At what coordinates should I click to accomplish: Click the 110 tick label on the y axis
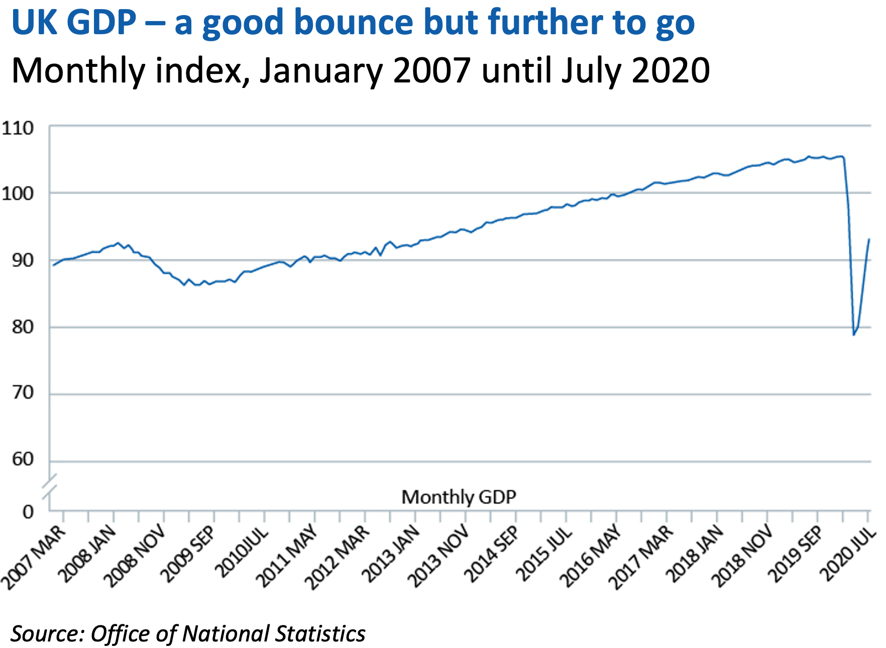point(18,128)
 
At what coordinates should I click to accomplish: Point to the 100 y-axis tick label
point(18,194)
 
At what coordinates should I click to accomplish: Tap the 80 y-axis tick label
point(23,327)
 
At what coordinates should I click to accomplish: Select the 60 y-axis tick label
point(23,459)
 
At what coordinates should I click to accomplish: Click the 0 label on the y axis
point(28,512)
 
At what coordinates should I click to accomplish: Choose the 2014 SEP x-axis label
point(490,554)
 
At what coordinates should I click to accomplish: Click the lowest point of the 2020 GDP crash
point(853,335)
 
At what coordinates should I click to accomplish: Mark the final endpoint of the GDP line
point(869,239)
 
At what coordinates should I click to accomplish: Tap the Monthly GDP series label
point(459,497)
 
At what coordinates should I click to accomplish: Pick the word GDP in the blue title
point(101,23)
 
